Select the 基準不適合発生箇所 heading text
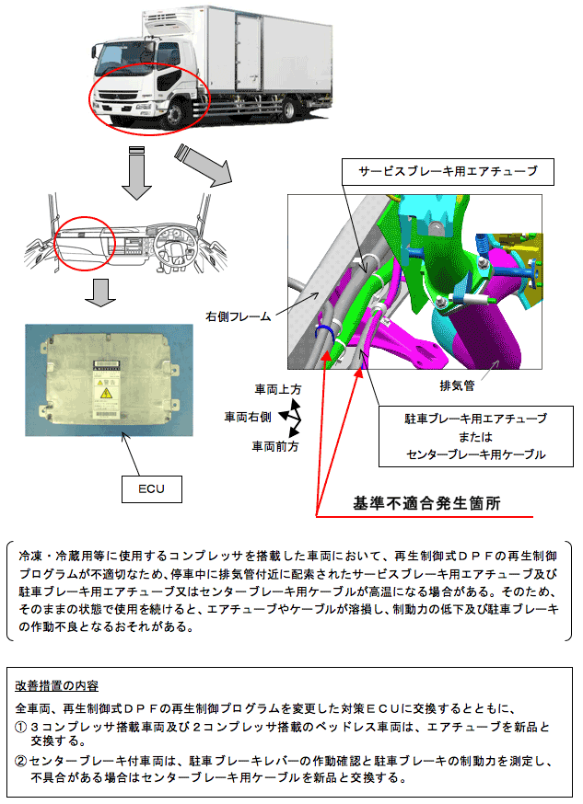point(426,504)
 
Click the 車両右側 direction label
point(248,417)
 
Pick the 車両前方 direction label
point(276,445)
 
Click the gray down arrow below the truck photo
point(136,171)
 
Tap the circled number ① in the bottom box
point(22,727)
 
